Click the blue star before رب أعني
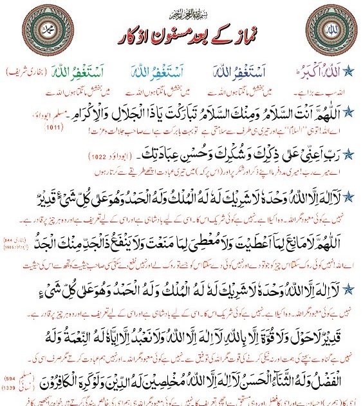(349, 154)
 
